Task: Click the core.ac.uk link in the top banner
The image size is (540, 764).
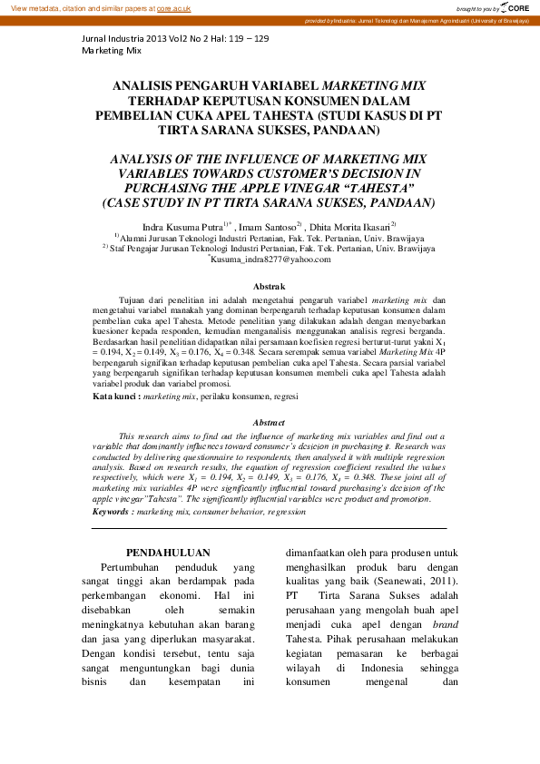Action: click(x=174, y=7)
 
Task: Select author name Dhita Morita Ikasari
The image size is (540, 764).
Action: click(x=352, y=224)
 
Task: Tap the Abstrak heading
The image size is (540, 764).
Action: click(x=269, y=286)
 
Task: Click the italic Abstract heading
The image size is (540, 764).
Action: click(x=269, y=422)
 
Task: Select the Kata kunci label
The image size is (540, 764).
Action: click(x=116, y=397)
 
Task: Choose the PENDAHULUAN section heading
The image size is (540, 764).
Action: click(x=168, y=552)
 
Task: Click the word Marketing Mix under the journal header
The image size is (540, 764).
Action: click(x=112, y=51)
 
